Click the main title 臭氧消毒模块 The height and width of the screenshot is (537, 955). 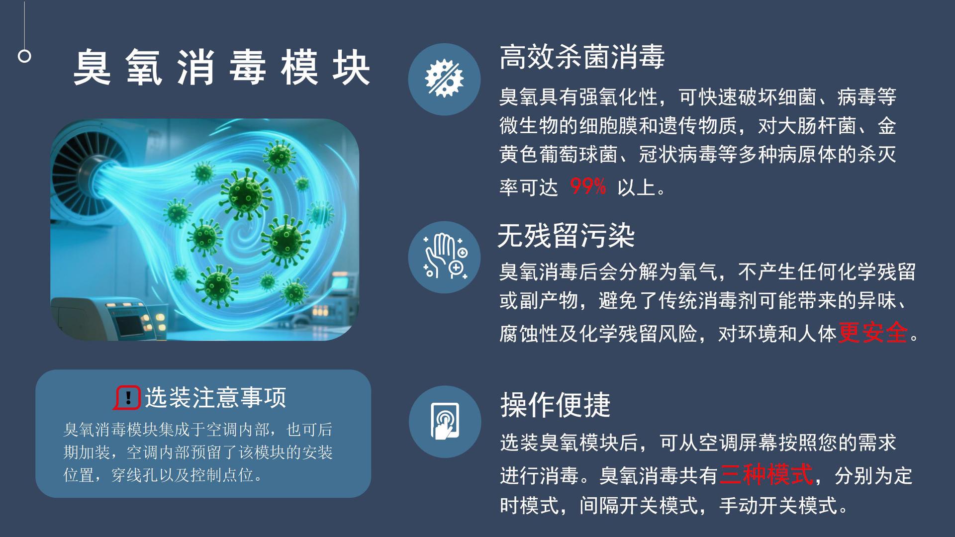click(222, 68)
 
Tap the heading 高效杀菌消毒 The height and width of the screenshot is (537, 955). click(582, 57)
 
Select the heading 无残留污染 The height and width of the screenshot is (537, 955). click(566, 236)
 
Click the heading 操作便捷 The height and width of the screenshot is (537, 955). click(555, 405)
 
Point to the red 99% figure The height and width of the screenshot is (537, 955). click(588, 187)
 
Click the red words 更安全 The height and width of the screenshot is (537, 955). click(873, 333)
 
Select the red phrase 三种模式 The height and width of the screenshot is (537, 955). click(766, 475)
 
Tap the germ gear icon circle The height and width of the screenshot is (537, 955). click(444, 79)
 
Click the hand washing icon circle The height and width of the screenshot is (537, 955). click(444, 257)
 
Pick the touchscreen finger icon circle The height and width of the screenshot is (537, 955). click(445, 422)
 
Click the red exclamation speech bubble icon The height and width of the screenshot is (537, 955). click(127, 398)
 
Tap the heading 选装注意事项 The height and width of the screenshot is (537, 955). click(215, 398)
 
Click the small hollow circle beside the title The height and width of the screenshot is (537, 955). click(24, 56)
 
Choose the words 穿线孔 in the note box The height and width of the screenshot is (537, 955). click(134, 475)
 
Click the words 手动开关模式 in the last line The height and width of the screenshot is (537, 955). click(778, 506)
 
